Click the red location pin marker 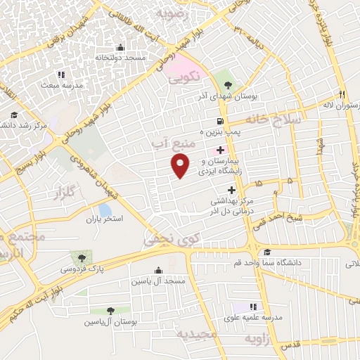pyautogui.click(x=181, y=166)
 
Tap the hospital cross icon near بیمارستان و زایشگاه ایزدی pyautogui.click(x=221, y=150)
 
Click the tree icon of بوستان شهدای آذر pyautogui.click(x=226, y=85)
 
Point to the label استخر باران pyautogui.click(x=105, y=219)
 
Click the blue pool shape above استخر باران pyautogui.click(x=105, y=210)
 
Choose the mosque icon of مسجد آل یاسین pyautogui.click(x=157, y=270)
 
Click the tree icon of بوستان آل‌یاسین pyautogui.click(x=110, y=310)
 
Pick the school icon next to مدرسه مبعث pyautogui.click(x=61, y=74)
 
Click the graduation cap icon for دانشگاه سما pyautogui.click(x=266, y=253)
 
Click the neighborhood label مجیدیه pyautogui.click(x=198, y=334)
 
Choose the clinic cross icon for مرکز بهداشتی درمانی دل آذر pyautogui.click(x=231, y=190)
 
